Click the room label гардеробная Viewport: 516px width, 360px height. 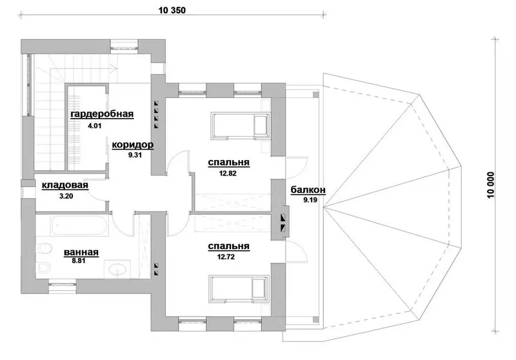(102, 114)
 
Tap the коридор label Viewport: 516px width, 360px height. (133, 145)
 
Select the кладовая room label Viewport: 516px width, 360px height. (65, 185)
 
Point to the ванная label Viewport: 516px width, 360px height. (81, 252)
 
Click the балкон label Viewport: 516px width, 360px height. (308, 190)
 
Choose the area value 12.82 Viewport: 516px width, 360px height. (228, 174)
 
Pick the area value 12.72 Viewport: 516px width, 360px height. (226, 257)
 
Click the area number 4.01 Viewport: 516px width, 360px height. (94, 126)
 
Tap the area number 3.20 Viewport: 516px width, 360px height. (66, 197)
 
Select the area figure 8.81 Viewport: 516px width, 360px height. (78, 261)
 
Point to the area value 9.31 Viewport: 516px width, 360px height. (135, 155)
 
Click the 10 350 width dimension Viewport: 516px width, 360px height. (172, 10)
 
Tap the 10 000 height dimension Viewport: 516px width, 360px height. (491, 185)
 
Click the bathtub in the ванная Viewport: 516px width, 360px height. (79, 225)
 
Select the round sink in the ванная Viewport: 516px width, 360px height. (117, 270)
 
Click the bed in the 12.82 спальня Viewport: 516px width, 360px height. (240, 125)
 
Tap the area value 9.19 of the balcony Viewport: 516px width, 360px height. (310, 199)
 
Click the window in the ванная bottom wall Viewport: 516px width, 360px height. (63, 286)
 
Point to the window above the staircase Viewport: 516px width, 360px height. (124, 45)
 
